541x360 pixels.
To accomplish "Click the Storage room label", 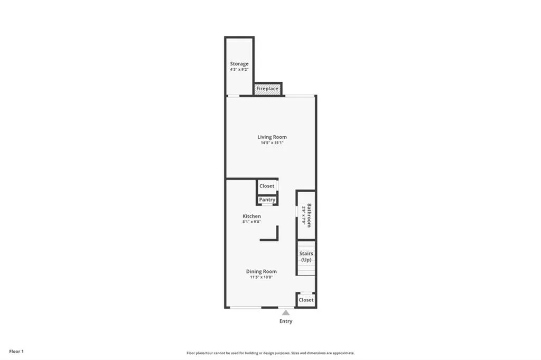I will coord(239,64).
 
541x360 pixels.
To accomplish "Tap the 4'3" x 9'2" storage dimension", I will coord(239,70).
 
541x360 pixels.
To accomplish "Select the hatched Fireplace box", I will coord(267,89).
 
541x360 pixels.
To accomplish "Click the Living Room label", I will coord(272,137).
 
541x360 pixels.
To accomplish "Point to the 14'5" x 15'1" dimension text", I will coord(272,143).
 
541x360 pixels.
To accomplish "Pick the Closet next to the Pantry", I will coord(267,186).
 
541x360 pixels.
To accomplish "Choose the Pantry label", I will coord(267,200).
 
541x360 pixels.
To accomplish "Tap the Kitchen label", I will coord(251,216).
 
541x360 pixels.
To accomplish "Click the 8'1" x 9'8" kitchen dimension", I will coord(251,222).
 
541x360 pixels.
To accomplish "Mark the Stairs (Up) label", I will coord(306,257).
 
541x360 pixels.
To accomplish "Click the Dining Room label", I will coord(261,271).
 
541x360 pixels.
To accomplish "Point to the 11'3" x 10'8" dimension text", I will coord(261,277).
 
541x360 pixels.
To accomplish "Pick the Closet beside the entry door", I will coord(306,300).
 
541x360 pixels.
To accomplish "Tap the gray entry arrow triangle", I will coord(286,312).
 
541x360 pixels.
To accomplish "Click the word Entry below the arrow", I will coord(286,321).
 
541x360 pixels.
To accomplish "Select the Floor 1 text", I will coord(16,351).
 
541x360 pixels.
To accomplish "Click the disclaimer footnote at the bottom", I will coord(270,353).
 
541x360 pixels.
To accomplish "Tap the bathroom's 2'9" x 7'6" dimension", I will coord(303,215).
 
